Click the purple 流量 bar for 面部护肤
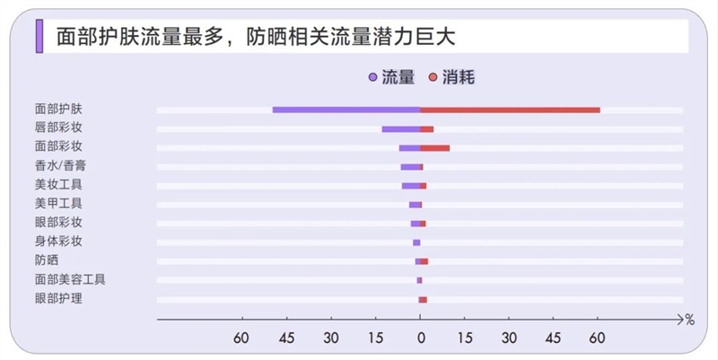(x=346, y=110)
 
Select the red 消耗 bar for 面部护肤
(x=510, y=110)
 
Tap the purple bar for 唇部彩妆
(x=400, y=129)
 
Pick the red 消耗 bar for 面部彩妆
(x=435, y=148)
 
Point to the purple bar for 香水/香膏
(x=410, y=167)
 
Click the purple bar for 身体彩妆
(x=416, y=242)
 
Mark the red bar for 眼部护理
(x=423, y=299)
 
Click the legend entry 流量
(x=391, y=78)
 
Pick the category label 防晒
(x=47, y=260)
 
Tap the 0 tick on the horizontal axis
(x=420, y=338)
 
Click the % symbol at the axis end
(x=689, y=319)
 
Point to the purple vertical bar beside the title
(x=39, y=36)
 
